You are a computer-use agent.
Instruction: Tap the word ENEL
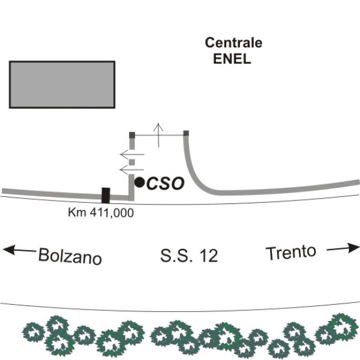click(232, 59)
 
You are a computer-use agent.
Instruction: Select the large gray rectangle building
click(62, 84)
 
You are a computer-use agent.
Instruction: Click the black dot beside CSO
click(139, 182)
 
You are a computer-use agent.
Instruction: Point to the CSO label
click(166, 184)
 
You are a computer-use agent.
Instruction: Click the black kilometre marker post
click(106, 196)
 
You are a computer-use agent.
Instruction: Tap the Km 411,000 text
click(101, 212)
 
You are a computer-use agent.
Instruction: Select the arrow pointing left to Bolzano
click(18, 250)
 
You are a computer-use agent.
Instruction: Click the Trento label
click(291, 253)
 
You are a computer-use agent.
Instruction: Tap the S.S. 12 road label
click(188, 256)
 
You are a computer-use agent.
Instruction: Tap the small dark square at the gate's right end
click(186, 133)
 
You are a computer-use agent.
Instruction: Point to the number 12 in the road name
click(206, 256)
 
